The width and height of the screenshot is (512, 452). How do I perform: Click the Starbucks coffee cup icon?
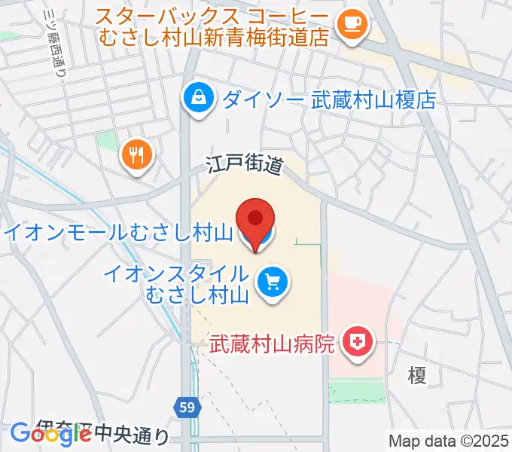350,23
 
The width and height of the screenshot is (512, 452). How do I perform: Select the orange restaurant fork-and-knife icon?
136,155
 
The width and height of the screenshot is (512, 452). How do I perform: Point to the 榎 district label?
417,375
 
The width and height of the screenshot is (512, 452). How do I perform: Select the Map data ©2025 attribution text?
450,441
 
